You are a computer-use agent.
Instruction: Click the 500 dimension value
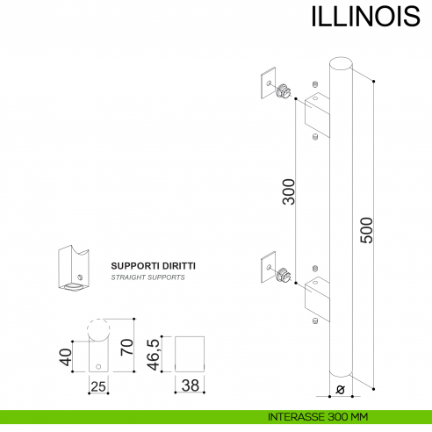[x=368, y=229]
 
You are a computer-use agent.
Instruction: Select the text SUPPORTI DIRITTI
[x=153, y=264]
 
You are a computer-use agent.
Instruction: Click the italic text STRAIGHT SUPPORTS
[x=148, y=277]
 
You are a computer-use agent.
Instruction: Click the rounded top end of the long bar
[x=340, y=63]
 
